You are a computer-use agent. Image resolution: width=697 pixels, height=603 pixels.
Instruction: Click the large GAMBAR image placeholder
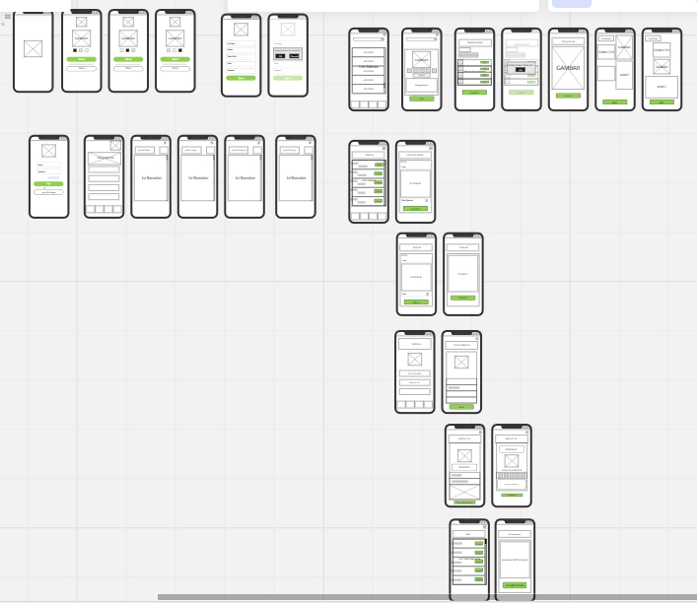(568, 68)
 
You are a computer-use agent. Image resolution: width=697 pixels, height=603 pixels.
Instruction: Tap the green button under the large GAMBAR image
(568, 96)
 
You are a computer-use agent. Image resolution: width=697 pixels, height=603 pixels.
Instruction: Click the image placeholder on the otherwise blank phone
(34, 48)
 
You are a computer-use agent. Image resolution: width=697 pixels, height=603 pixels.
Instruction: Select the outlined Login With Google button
(49, 192)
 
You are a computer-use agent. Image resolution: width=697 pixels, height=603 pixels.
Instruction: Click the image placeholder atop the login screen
(49, 151)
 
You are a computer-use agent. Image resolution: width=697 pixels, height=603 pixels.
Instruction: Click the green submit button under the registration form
(241, 78)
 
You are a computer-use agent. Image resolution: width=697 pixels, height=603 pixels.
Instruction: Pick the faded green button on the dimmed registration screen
(288, 78)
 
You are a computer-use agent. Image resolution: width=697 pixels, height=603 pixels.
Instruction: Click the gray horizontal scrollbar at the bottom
(424, 596)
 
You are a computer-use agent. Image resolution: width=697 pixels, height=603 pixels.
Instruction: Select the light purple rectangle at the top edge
(571, 3)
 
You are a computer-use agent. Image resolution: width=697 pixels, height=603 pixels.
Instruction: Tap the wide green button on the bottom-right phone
(514, 585)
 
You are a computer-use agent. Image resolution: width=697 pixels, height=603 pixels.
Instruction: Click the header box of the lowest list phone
(468, 534)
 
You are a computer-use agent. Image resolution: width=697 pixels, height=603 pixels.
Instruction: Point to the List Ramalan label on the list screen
(369, 180)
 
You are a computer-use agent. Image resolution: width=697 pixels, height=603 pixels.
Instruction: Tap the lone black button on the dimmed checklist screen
(521, 70)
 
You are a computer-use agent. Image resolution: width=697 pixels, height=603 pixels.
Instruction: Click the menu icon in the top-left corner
(8, 17)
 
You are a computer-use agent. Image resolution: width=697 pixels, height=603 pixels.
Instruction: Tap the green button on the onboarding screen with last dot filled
(175, 59)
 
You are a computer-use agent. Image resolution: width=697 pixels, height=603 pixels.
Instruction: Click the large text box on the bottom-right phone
(514, 560)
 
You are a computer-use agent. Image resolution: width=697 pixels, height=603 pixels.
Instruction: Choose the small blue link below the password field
(53, 177)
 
